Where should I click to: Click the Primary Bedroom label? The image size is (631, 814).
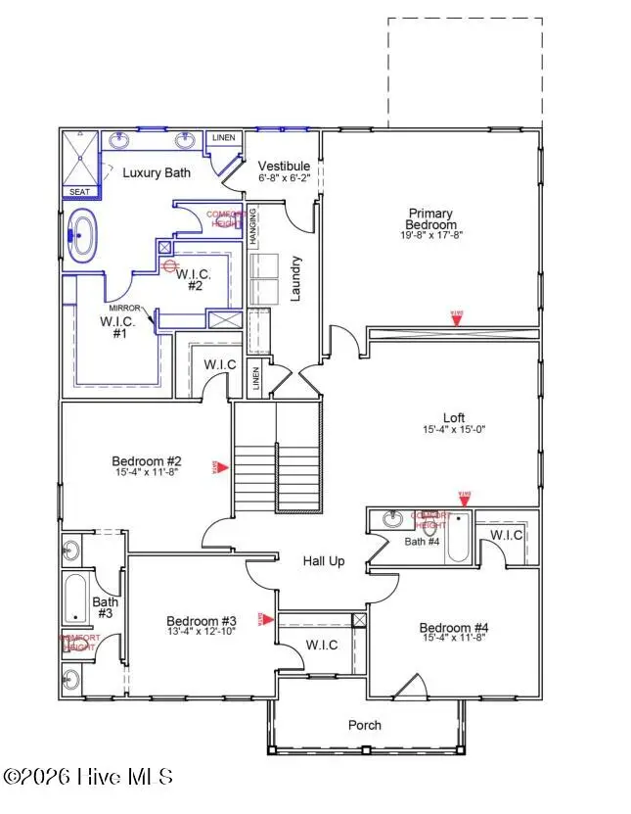(430, 218)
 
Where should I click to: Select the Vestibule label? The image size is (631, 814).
(285, 166)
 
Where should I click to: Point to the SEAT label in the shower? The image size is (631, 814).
(79, 192)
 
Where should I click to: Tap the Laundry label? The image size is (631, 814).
(295, 278)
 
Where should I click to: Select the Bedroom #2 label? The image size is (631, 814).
(147, 461)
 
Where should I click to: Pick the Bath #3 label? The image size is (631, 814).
(105, 608)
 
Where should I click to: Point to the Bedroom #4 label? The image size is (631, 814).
(454, 628)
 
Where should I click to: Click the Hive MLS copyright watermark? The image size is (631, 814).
(88, 777)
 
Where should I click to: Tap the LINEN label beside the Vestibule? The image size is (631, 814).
(224, 138)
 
